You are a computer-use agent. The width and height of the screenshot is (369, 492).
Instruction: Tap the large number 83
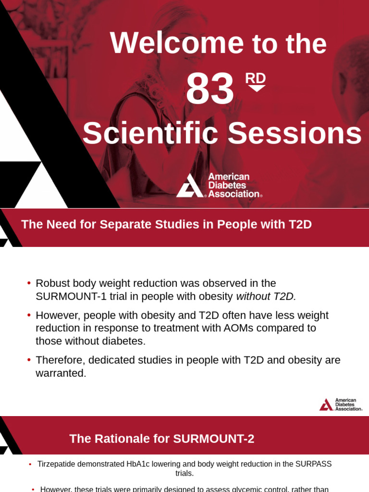coord(210,89)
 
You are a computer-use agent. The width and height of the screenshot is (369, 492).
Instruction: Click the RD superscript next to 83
coord(256,78)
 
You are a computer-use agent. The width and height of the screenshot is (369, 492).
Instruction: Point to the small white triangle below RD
coord(257,88)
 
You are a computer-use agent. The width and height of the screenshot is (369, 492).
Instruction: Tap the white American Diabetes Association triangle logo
coord(189,186)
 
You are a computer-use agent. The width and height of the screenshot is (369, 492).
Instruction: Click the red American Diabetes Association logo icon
coord(326,405)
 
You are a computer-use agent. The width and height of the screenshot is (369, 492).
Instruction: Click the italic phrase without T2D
coord(266,296)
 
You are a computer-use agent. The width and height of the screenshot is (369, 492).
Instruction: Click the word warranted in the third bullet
coord(61,373)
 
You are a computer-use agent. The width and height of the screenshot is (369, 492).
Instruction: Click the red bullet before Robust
coord(29,283)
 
